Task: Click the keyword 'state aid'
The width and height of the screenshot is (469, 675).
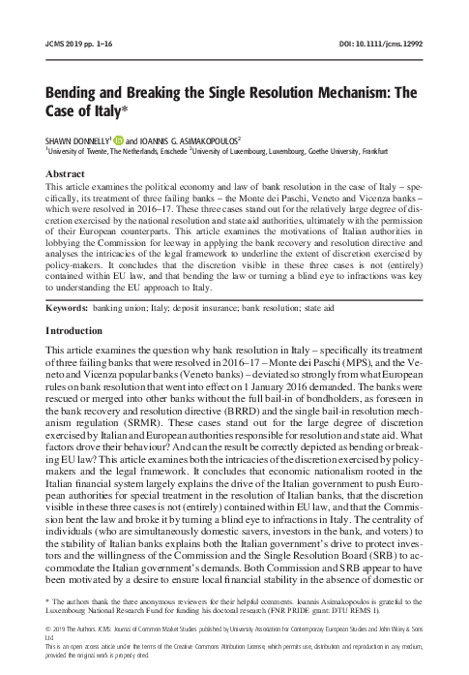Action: (x=365, y=254)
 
